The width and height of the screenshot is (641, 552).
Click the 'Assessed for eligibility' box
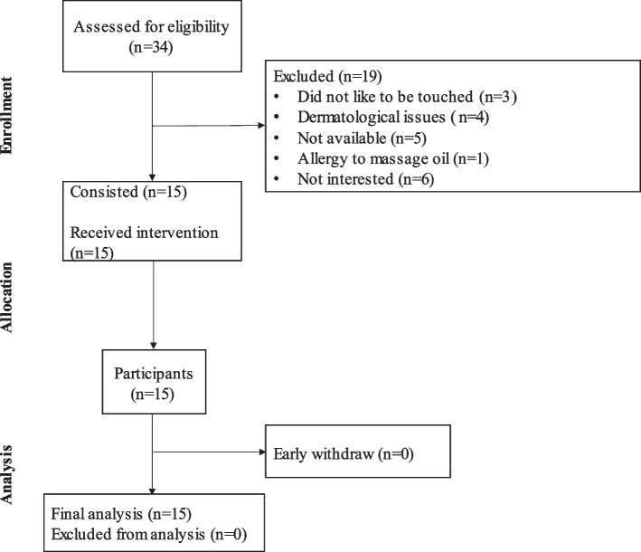pyautogui.click(x=152, y=37)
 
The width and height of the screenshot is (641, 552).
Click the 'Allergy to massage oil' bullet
pyautogui.click(x=373, y=157)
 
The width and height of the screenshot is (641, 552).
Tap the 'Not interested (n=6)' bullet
pyautogui.click(x=358, y=178)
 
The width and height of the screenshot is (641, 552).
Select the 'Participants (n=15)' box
pyautogui.click(x=152, y=381)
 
